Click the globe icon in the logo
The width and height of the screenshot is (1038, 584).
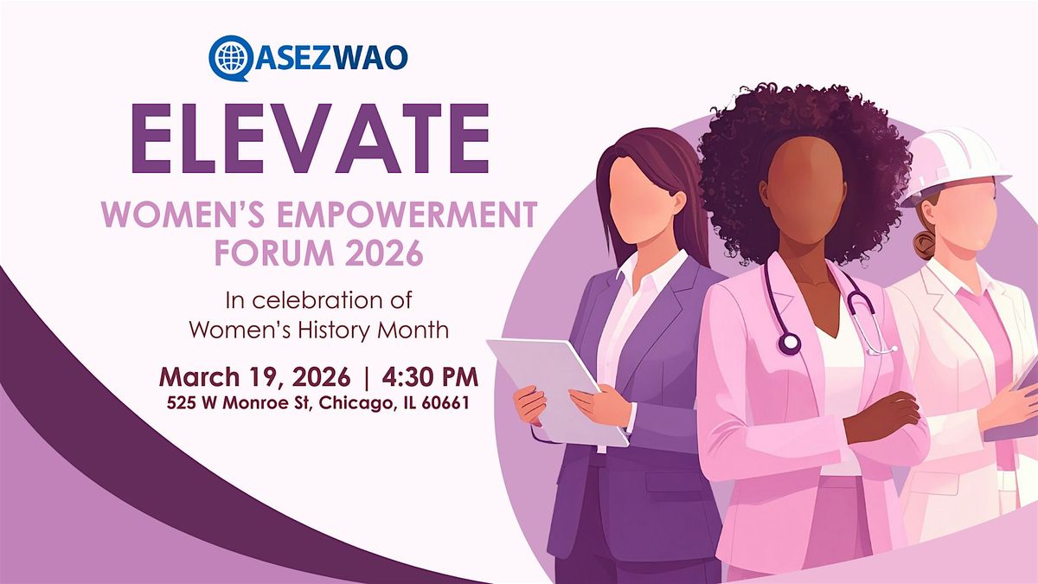tap(230, 57)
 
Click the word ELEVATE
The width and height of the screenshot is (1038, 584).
tap(311, 138)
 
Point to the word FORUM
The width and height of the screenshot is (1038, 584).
tap(274, 253)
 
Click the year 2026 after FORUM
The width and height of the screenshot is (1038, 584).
tap(384, 253)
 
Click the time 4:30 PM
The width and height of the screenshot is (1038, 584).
tap(430, 377)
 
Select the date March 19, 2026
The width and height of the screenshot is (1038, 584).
tap(254, 377)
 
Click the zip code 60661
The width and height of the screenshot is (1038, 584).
tap(445, 403)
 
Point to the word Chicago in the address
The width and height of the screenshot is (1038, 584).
tap(356, 403)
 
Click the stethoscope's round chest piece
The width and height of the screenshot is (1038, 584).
tap(789, 343)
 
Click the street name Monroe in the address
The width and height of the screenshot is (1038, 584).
tap(262, 403)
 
